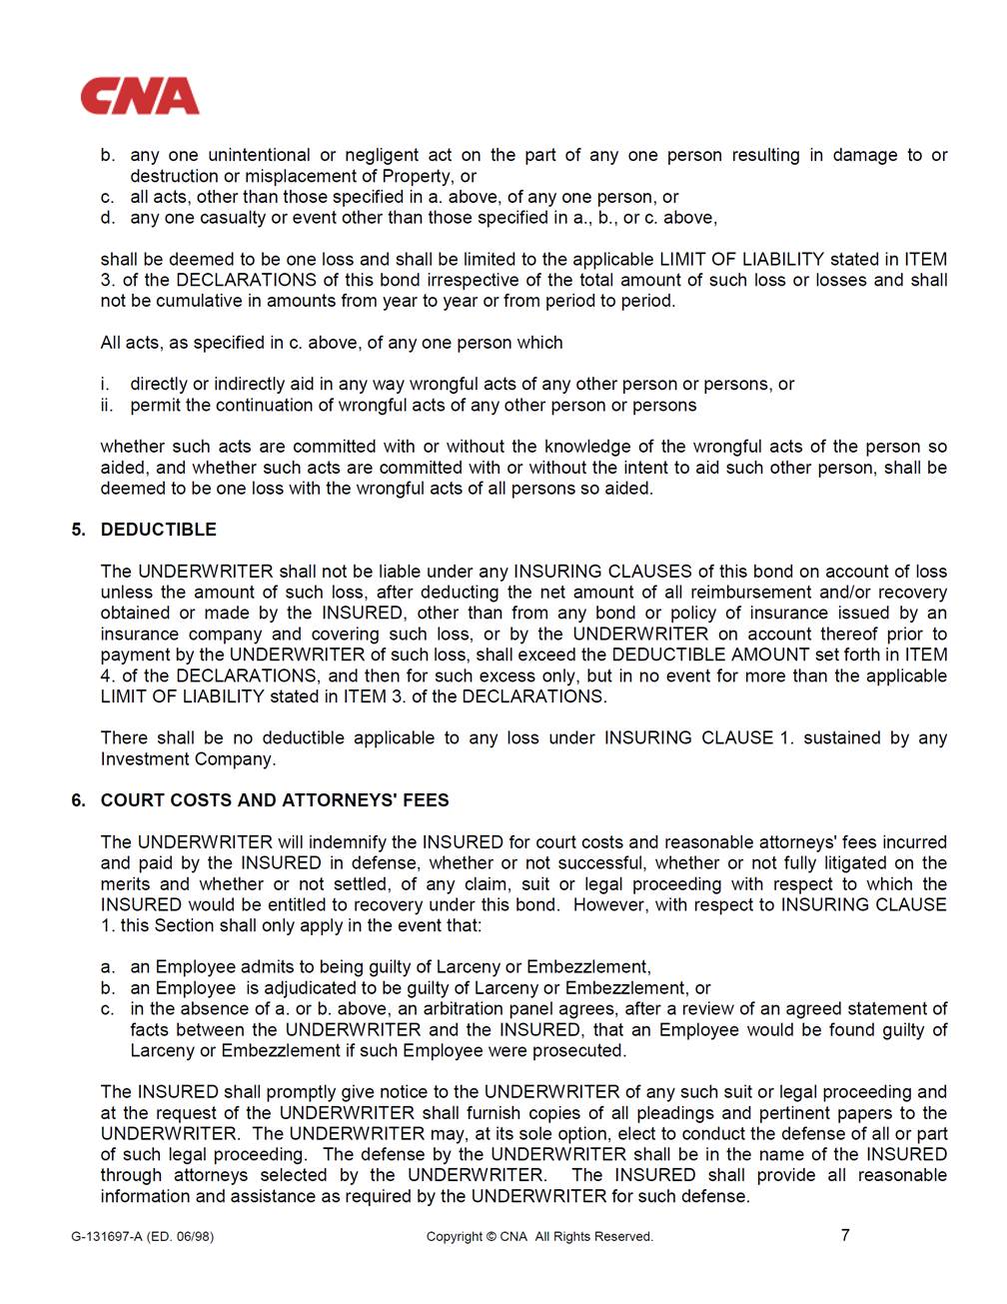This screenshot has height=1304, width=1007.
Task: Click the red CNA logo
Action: click(x=140, y=97)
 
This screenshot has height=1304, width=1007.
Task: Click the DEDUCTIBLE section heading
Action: click(x=158, y=530)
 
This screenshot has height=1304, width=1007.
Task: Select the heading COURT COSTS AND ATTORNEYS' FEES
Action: click(x=275, y=800)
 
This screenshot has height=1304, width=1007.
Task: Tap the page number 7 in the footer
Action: click(x=845, y=1235)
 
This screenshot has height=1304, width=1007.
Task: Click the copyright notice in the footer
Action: click(x=539, y=1237)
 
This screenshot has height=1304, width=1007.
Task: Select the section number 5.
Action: click(x=78, y=530)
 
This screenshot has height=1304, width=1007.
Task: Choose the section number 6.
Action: click(x=78, y=800)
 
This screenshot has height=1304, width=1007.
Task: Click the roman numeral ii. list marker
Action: click(x=107, y=406)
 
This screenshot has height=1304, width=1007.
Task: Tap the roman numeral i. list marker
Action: click(x=105, y=385)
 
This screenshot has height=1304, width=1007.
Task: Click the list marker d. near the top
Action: click(x=108, y=218)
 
